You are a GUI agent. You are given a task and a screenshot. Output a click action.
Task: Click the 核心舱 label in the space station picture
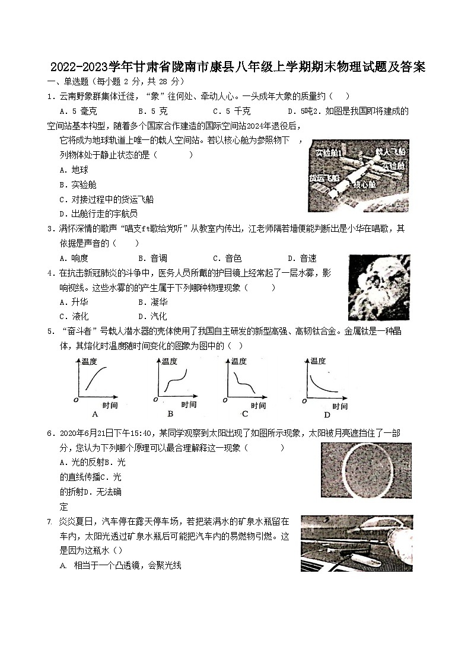364,184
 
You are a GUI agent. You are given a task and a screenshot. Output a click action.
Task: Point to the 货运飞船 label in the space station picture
324,177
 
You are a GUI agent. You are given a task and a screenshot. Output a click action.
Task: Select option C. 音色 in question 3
227,258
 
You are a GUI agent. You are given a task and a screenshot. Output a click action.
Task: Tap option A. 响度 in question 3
74,258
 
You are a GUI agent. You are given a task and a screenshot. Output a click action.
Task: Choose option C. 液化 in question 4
74,316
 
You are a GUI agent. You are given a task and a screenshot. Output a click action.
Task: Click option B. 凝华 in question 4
152,302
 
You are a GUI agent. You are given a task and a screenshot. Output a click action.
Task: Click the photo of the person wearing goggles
378,288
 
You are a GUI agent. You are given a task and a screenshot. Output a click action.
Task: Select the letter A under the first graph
95,414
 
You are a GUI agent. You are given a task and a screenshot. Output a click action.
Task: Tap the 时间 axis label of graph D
339,406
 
